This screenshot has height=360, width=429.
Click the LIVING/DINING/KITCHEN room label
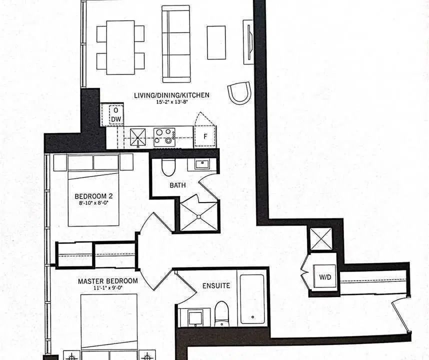(x=171, y=95)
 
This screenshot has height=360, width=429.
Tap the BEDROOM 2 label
(x=93, y=196)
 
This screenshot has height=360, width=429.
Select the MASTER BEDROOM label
(x=108, y=281)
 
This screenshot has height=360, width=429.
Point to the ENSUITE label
(x=216, y=286)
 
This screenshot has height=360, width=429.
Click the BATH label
(x=177, y=185)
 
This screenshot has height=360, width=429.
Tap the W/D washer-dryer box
(x=325, y=276)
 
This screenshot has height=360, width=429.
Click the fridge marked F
(x=205, y=136)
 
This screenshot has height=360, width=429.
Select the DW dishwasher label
(x=116, y=119)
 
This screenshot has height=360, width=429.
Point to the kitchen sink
(x=138, y=137)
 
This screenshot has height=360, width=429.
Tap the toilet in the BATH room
(x=168, y=167)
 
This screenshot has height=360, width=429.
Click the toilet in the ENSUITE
(x=221, y=314)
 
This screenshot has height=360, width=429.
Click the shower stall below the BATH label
(x=199, y=216)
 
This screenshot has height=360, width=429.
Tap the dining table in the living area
(x=120, y=47)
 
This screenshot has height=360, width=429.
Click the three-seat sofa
(x=176, y=44)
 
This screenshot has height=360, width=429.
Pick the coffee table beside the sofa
(x=216, y=42)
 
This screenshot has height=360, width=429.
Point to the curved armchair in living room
(x=239, y=92)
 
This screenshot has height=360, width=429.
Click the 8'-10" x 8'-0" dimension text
(x=93, y=202)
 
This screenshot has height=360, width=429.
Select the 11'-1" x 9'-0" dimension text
(x=108, y=287)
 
